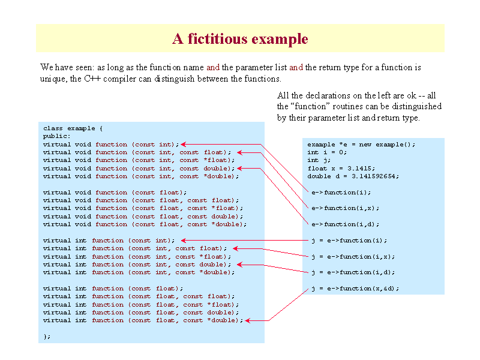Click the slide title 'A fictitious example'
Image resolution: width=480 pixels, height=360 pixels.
click(x=240, y=39)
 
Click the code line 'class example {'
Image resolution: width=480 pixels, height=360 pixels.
click(x=73, y=128)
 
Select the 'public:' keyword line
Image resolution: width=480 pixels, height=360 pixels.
click(x=56, y=136)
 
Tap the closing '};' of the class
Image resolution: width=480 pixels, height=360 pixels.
click(x=47, y=337)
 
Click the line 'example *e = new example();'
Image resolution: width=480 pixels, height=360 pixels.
click(x=361, y=145)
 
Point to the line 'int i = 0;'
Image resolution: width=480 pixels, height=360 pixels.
click(x=327, y=152)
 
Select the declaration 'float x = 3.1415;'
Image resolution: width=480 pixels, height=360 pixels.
click(x=341, y=169)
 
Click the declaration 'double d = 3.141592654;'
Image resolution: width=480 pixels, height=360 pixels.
click(x=353, y=176)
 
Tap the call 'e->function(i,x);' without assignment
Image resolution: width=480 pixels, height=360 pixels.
click(x=346, y=208)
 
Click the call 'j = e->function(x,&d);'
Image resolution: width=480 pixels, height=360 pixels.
click(x=355, y=289)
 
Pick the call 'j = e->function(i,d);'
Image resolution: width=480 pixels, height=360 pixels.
click(x=353, y=272)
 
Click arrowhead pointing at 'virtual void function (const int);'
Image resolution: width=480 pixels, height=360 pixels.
click(x=184, y=144)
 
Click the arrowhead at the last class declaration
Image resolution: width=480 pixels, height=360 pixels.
click(x=248, y=320)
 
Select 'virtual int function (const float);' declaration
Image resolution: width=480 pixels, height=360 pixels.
click(x=113, y=289)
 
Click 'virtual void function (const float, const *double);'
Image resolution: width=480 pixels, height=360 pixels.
click(x=145, y=224)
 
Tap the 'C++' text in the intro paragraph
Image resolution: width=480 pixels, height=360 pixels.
click(x=92, y=79)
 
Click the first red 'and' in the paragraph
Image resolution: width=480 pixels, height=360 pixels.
click(x=213, y=67)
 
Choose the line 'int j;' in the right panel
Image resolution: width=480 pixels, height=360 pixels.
click(x=319, y=160)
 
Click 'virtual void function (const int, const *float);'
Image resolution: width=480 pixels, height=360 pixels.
click(x=139, y=160)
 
